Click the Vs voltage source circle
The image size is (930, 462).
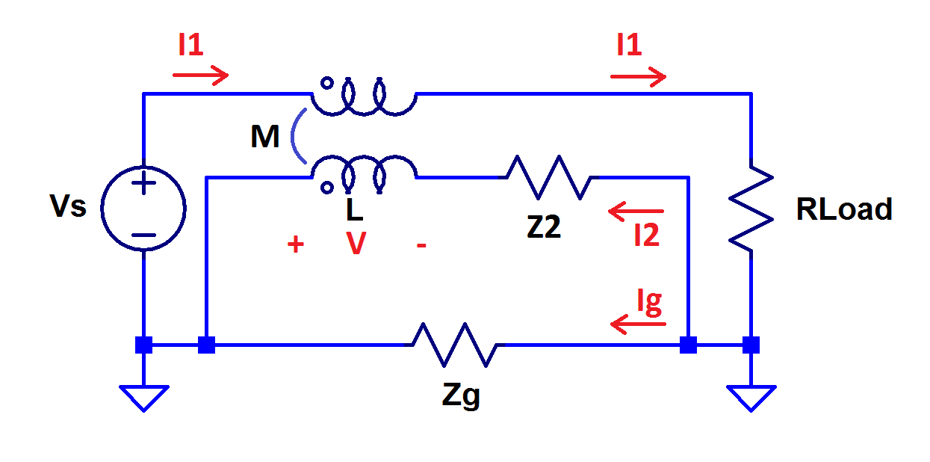(x=143, y=207)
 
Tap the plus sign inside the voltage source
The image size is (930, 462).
(x=143, y=182)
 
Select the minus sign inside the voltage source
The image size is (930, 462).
(x=143, y=234)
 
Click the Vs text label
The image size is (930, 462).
(x=68, y=207)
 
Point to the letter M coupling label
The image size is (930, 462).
(x=265, y=137)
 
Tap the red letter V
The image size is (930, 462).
(x=356, y=244)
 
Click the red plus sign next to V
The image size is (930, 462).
(x=296, y=244)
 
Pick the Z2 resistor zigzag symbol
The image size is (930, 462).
(x=549, y=178)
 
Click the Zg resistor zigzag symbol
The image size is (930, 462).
(x=454, y=345)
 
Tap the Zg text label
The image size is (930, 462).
(x=461, y=395)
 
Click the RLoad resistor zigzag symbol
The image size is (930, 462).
(x=751, y=208)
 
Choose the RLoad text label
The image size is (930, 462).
(x=844, y=210)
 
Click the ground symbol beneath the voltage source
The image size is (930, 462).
(x=143, y=397)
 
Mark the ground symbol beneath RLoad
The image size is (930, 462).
(x=751, y=397)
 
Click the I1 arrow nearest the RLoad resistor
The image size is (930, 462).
(x=638, y=76)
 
